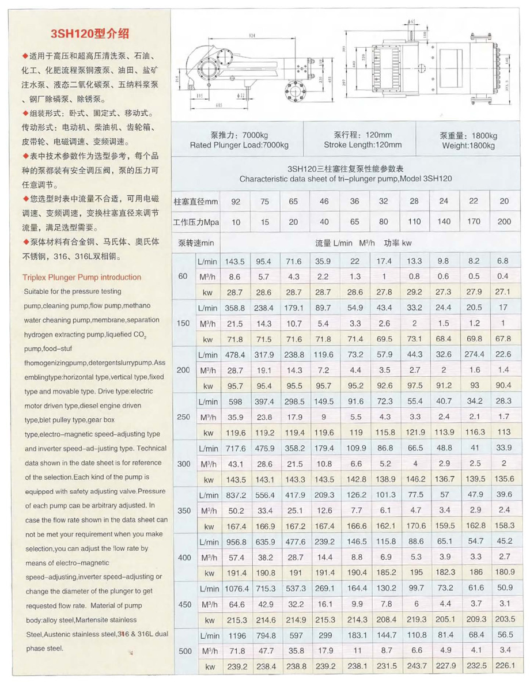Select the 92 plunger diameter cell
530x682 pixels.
tap(236, 202)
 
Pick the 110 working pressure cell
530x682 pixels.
tap(414, 222)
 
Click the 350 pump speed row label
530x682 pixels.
tap(183, 511)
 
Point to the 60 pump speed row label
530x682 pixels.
tap(183, 276)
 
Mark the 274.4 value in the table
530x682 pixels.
tap(474, 354)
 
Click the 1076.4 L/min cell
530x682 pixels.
tap(236, 589)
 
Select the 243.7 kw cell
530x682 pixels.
tap(414, 666)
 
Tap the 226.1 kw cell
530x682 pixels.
tap(504, 666)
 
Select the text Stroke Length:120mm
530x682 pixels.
tap(362, 145)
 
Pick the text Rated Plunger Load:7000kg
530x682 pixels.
tap(239, 145)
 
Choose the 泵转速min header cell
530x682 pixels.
tap(196, 243)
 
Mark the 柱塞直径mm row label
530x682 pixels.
tap(196, 202)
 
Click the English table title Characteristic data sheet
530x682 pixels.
tap(346, 179)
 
